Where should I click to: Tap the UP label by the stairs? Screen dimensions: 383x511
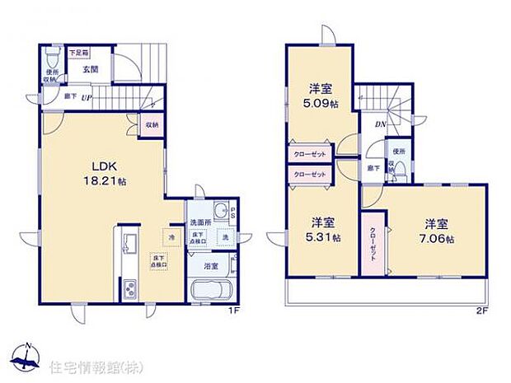[86, 97]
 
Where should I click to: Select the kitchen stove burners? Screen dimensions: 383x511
[130, 289]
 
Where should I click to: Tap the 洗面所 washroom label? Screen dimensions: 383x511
[201, 222]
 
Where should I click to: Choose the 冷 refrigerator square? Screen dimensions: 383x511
[172, 239]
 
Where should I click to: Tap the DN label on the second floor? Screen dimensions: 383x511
[381, 125]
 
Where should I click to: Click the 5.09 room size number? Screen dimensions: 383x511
[318, 105]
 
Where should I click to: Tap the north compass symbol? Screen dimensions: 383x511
[28, 356]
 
